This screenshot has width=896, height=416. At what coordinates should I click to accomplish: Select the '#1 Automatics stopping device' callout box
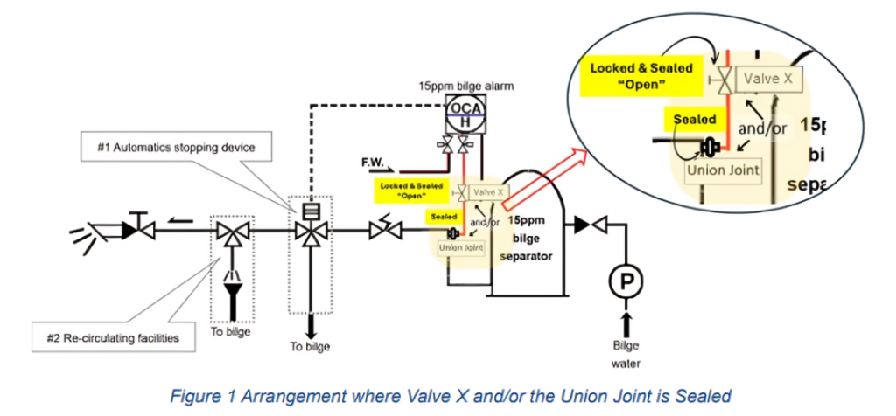(x=176, y=148)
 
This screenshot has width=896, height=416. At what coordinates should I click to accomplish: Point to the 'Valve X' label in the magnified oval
(x=767, y=79)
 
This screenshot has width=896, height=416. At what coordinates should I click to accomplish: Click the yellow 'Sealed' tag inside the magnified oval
(x=696, y=119)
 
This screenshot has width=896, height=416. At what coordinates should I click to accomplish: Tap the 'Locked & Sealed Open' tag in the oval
(x=641, y=76)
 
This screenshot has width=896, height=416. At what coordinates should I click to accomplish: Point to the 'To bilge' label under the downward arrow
(x=310, y=346)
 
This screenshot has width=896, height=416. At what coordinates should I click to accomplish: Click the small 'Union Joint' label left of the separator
(x=459, y=247)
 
